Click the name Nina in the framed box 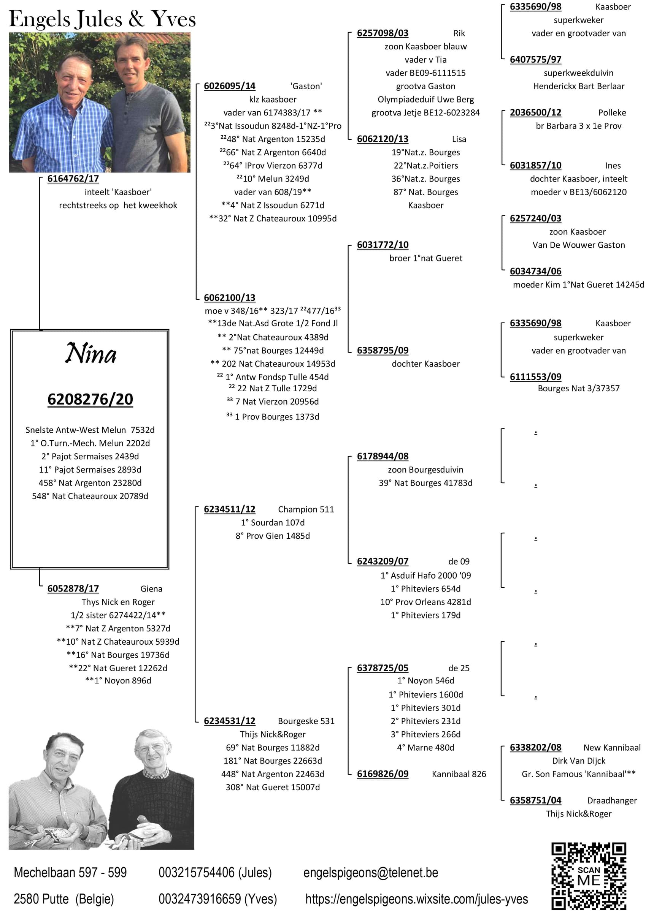coord(91,353)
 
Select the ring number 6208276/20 coord(90,399)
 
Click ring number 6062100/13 coord(230,297)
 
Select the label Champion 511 coord(306,509)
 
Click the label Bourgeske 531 coord(306,721)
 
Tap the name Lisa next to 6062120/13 coord(459,139)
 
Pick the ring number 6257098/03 coord(382,33)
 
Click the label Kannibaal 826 coord(459,774)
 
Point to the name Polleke coord(612,112)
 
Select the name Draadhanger coord(612,800)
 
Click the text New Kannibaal coord(612,748)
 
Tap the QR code coord(589,876)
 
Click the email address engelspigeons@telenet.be coord(370,872)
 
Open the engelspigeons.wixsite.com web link coord(416,899)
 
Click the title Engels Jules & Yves coord(102,19)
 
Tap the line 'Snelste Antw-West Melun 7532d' coord(90,430)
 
